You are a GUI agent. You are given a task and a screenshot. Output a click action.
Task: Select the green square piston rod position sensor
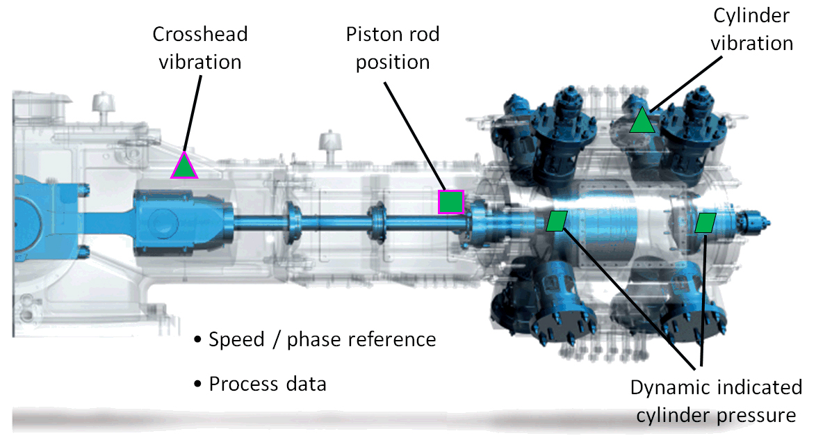pos(450,202)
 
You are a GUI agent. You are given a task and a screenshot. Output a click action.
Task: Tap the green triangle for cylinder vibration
pos(642,122)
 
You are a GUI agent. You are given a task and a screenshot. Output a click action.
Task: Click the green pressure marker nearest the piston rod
pos(557,221)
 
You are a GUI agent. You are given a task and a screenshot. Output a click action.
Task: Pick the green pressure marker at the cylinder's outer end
pos(705,222)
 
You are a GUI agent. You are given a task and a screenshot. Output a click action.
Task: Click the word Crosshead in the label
pos(200,34)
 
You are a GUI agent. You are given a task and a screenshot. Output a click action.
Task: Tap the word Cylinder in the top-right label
pos(751,16)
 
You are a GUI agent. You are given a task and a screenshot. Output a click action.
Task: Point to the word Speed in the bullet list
pos(237,340)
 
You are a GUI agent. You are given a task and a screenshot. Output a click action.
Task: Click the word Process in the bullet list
pos(243,384)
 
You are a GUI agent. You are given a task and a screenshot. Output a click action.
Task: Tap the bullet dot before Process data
pos(197,384)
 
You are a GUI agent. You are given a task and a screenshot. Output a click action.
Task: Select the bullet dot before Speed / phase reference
pos(197,339)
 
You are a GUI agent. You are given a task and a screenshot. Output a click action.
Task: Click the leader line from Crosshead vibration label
pos(193,113)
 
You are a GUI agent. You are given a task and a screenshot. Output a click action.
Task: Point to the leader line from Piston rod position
pos(415,136)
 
